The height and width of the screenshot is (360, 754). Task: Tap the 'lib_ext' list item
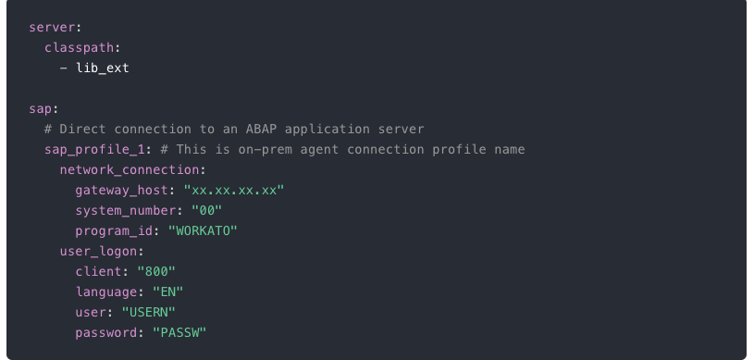[x=103, y=68]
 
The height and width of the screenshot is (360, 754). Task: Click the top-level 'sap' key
[x=40, y=108]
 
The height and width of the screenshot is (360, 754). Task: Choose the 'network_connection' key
[x=130, y=169]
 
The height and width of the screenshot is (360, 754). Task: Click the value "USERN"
[x=156, y=311]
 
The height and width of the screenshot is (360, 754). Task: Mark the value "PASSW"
[x=179, y=331]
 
